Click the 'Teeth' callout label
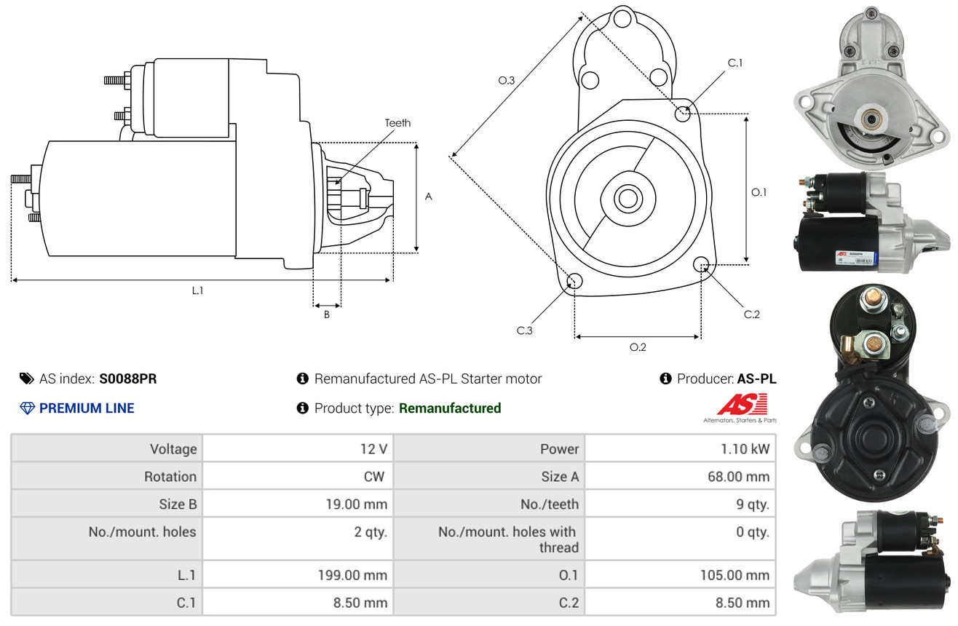point(397,123)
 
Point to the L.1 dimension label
point(197,290)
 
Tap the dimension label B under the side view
point(327,314)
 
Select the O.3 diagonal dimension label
point(507,81)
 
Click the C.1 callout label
point(735,63)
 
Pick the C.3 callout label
point(525,330)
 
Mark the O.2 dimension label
point(638,347)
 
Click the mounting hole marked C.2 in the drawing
point(702,264)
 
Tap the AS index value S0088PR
point(128,379)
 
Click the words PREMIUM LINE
point(87,408)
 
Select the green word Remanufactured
point(450,408)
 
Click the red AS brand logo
point(742,404)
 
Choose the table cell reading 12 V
point(373,449)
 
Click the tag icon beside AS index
point(26,379)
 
